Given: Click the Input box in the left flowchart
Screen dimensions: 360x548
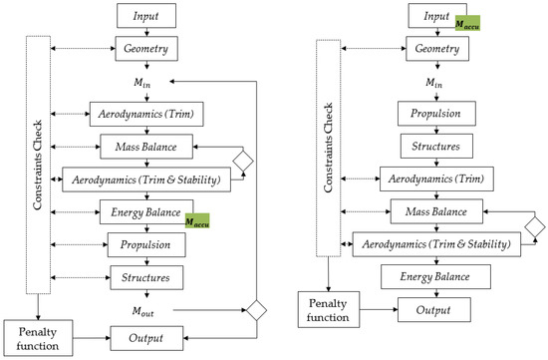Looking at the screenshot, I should point(146,16).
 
